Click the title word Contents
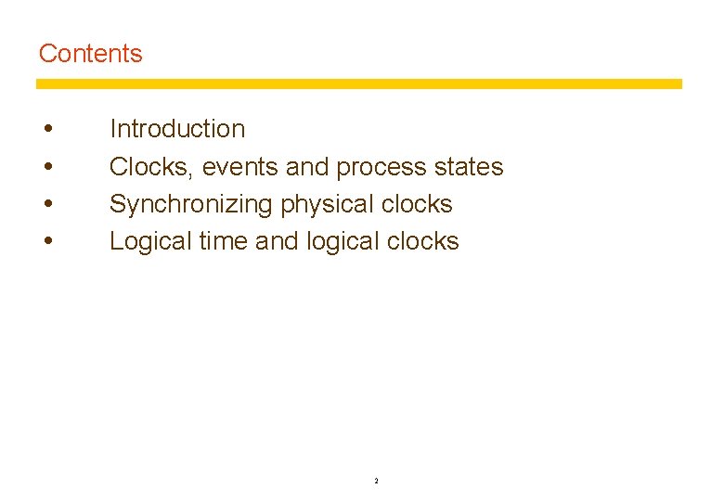coord(91,54)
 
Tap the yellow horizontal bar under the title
coord(358,83)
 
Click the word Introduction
coord(177,129)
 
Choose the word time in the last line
coord(222,241)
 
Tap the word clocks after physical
coord(416,204)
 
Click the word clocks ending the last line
coord(422,241)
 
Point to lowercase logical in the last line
coord(342,241)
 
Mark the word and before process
coord(307,167)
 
